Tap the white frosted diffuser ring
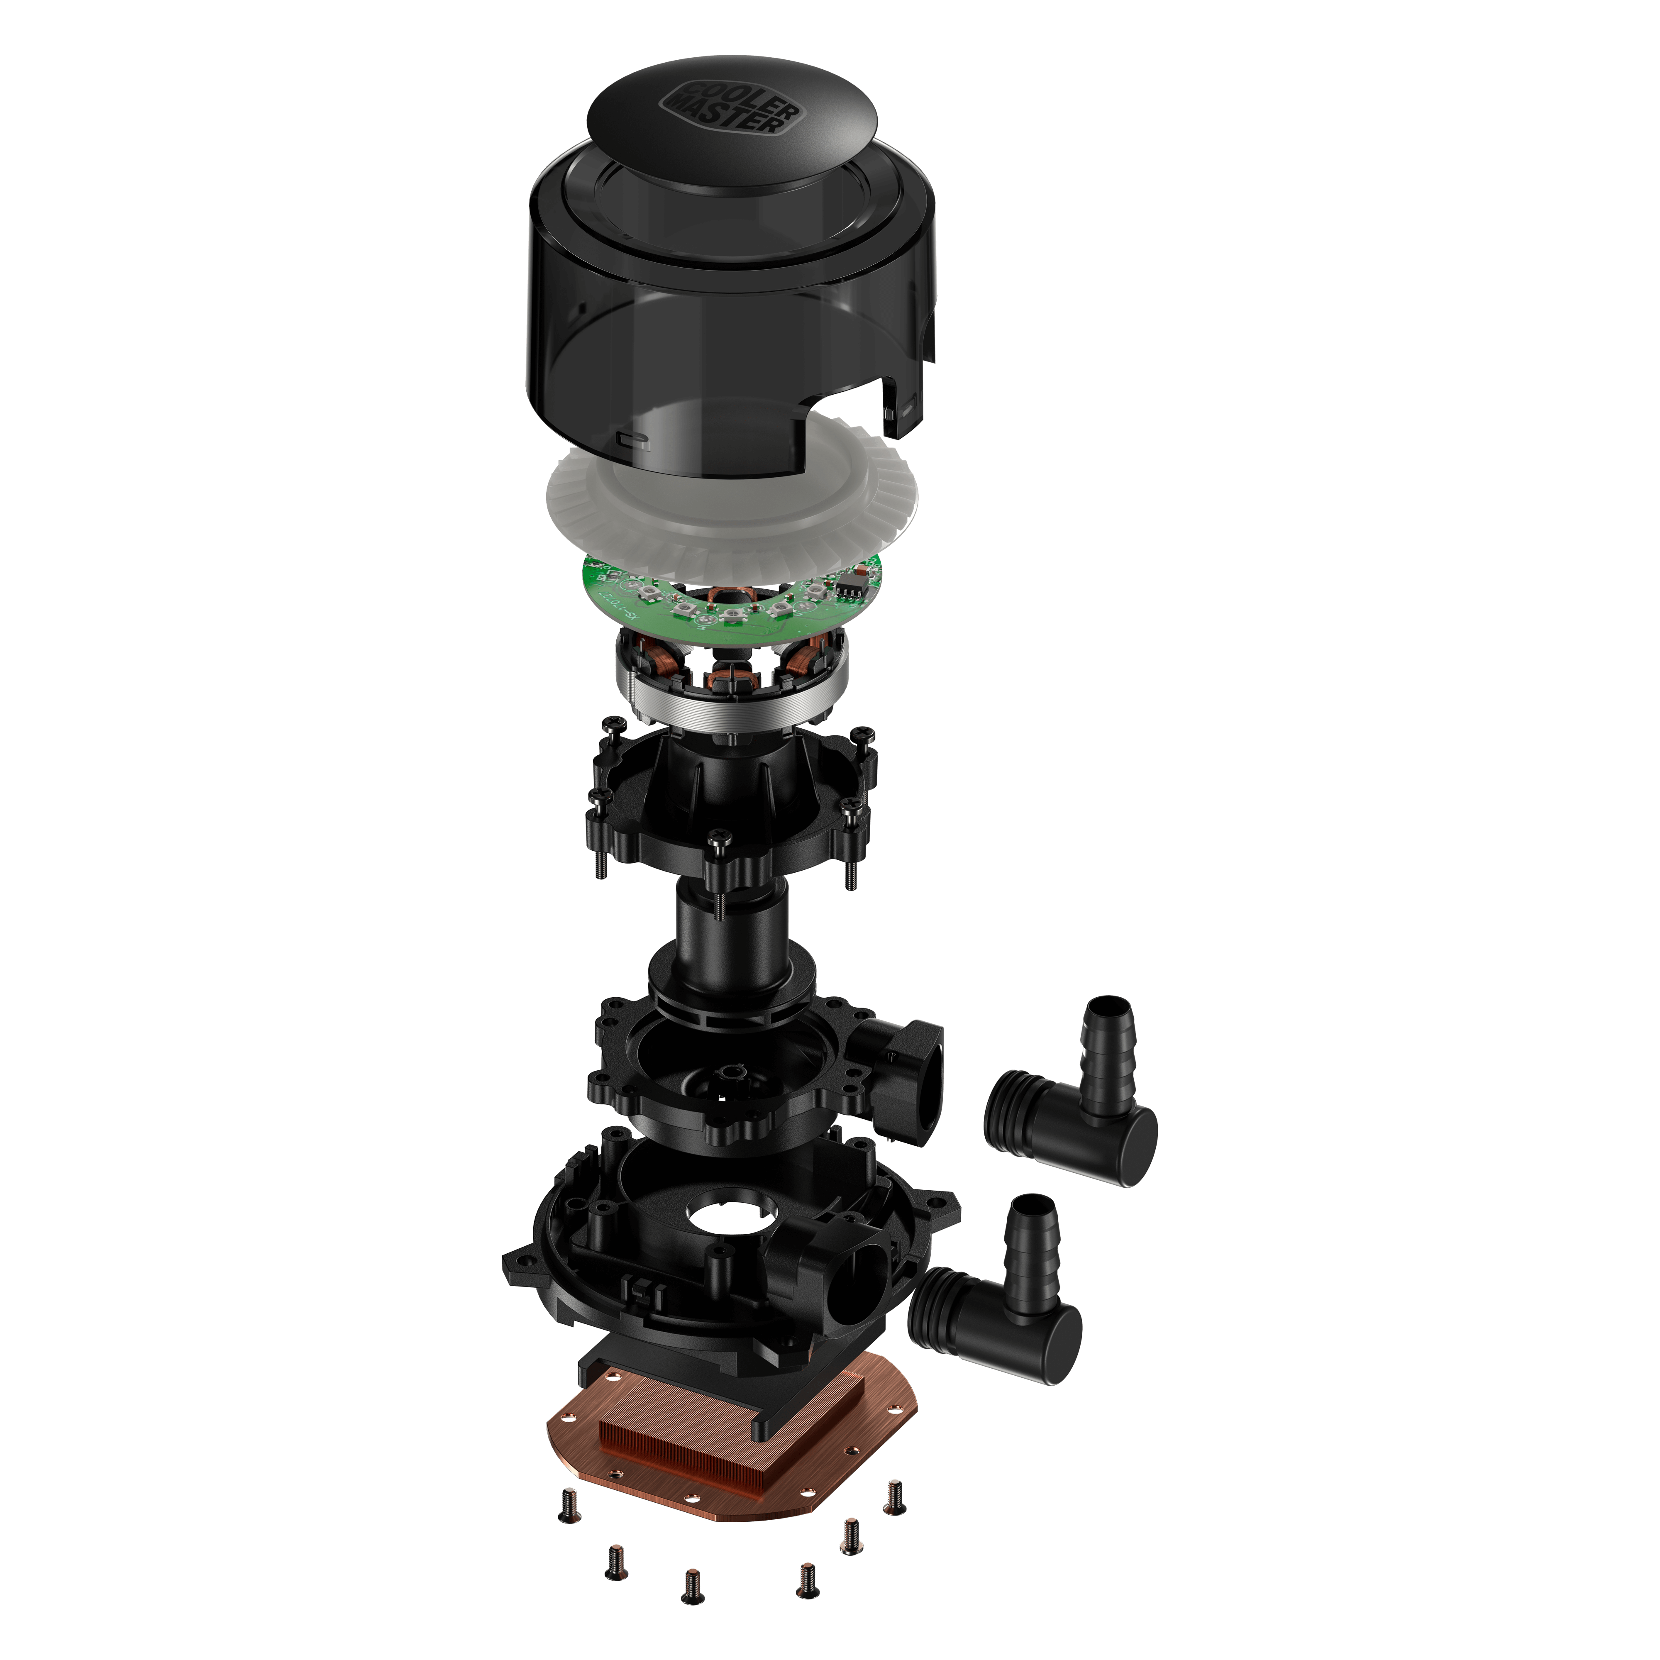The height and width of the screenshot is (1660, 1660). tap(601, 507)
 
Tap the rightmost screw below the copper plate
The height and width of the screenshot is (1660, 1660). tap(893, 1495)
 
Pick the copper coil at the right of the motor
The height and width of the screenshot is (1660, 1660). tap(808, 662)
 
